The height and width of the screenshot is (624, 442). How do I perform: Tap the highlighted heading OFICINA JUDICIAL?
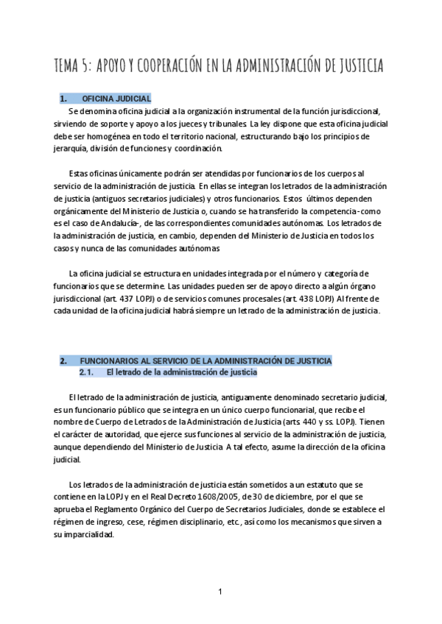[116, 98]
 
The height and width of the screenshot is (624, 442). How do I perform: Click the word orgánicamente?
[85, 211]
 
